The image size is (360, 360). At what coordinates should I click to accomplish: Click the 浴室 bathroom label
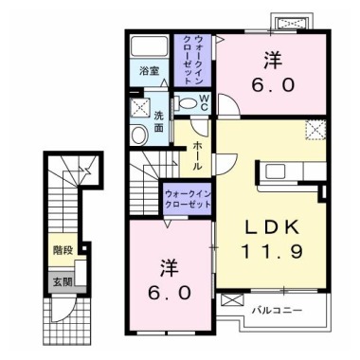click(x=147, y=71)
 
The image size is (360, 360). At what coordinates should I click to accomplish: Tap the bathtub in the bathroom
click(x=147, y=47)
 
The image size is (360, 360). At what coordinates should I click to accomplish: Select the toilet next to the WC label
click(x=179, y=102)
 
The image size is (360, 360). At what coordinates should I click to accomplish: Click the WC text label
click(x=203, y=101)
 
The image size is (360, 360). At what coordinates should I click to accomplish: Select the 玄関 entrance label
click(x=60, y=281)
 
